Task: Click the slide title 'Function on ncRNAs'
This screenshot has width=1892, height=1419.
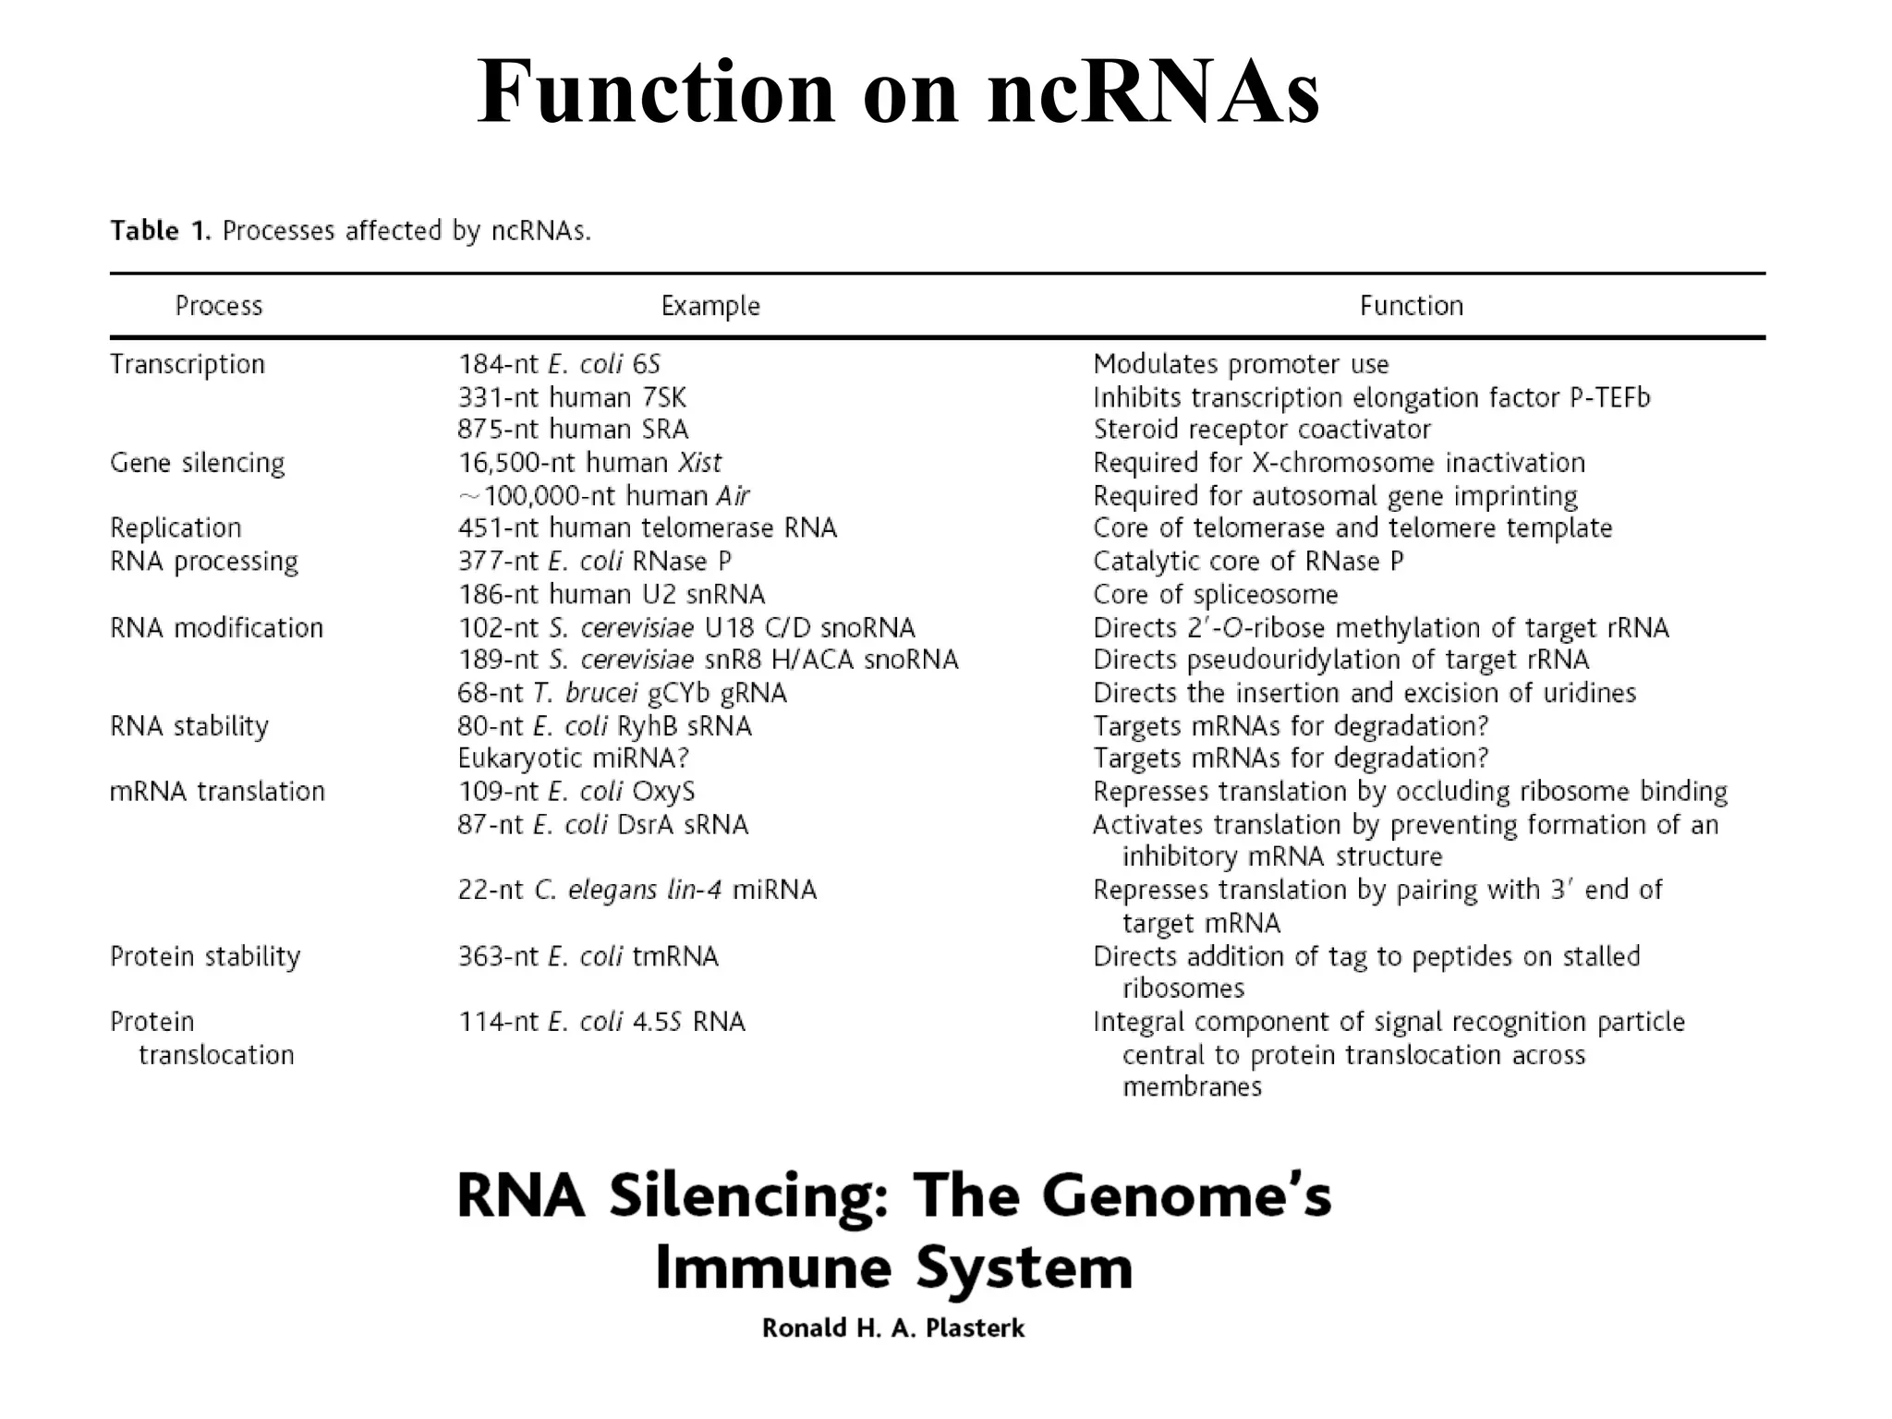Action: click(x=898, y=92)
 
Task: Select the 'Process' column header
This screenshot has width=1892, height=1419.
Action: click(x=219, y=306)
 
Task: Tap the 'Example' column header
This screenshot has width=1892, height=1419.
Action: click(x=710, y=306)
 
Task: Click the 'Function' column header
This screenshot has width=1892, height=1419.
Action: click(x=1411, y=306)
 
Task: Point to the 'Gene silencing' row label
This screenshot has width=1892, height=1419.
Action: click(x=197, y=463)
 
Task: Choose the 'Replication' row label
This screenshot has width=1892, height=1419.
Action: click(x=176, y=528)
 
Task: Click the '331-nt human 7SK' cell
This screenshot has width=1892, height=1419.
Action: click(x=572, y=398)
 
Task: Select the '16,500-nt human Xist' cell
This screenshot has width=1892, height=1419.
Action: click(x=589, y=463)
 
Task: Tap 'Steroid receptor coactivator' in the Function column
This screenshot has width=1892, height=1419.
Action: click(x=1262, y=431)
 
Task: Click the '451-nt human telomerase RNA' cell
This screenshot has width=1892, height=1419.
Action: click(x=647, y=528)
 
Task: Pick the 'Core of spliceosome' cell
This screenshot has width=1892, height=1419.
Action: click(x=1215, y=595)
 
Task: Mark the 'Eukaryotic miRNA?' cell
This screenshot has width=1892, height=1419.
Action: click(x=574, y=758)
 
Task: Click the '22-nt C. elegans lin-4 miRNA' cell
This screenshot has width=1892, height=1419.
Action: click(x=637, y=891)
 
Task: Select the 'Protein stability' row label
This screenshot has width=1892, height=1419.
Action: click(x=205, y=956)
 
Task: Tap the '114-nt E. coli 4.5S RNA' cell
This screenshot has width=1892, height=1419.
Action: click(x=601, y=1023)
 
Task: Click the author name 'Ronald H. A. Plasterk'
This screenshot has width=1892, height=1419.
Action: click(x=893, y=1328)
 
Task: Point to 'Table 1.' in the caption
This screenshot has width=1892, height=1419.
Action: click(x=161, y=231)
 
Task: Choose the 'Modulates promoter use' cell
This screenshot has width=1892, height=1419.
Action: click(x=1241, y=365)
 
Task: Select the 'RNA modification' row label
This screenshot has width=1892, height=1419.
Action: click(x=216, y=628)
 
